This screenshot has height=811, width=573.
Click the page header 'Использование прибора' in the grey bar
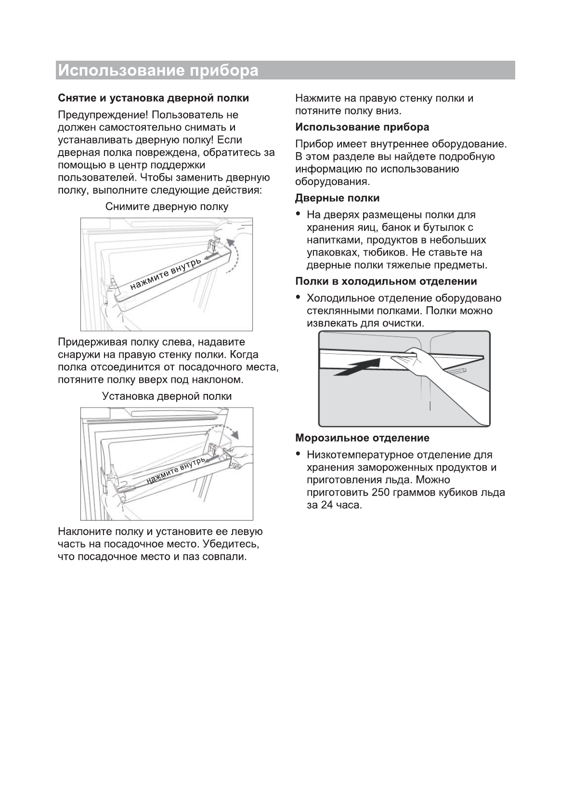[x=158, y=70]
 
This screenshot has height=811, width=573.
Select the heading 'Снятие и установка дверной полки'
[x=153, y=98]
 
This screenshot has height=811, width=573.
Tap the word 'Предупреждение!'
[x=103, y=115]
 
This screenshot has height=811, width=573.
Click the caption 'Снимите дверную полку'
[x=167, y=207]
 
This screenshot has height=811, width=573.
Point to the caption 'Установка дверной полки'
[x=167, y=396]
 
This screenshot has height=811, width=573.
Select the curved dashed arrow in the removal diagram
[x=235, y=255]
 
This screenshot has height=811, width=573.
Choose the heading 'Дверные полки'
[x=337, y=198]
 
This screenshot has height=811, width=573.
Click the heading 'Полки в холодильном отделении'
[x=386, y=281]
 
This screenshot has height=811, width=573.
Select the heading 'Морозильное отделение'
[x=362, y=438]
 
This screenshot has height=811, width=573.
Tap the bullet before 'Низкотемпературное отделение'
[x=299, y=454]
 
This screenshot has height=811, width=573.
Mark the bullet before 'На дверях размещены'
[x=299, y=214]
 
